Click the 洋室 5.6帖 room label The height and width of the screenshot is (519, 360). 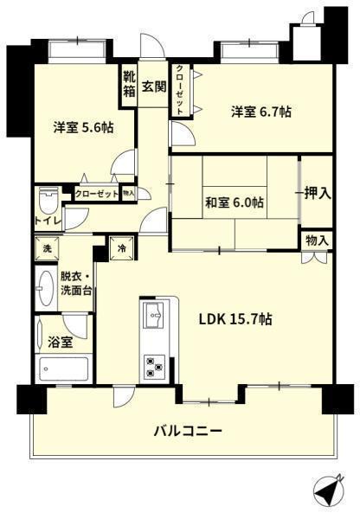tap(83, 127)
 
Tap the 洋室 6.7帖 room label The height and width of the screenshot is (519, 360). tap(261, 112)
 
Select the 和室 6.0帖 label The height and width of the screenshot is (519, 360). tap(235, 202)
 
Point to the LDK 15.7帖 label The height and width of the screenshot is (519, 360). tap(235, 319)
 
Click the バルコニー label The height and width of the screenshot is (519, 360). tap(188, 431)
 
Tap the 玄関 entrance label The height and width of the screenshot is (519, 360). tap(154, 86)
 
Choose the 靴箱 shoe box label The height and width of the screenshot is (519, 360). tap(130, 85)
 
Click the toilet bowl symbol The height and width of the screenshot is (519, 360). tap(48, 201)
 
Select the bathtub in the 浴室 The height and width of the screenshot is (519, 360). tap(63, 369)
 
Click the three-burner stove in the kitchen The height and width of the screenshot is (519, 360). tap(154, 367)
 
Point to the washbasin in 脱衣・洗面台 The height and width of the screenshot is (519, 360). tap(46, 288)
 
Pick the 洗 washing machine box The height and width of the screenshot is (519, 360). tap(47, 248)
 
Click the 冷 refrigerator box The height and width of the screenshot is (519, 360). tap(122, 248)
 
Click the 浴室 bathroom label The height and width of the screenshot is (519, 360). tap(60, 342)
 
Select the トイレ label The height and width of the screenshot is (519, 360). tap(48, 221)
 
